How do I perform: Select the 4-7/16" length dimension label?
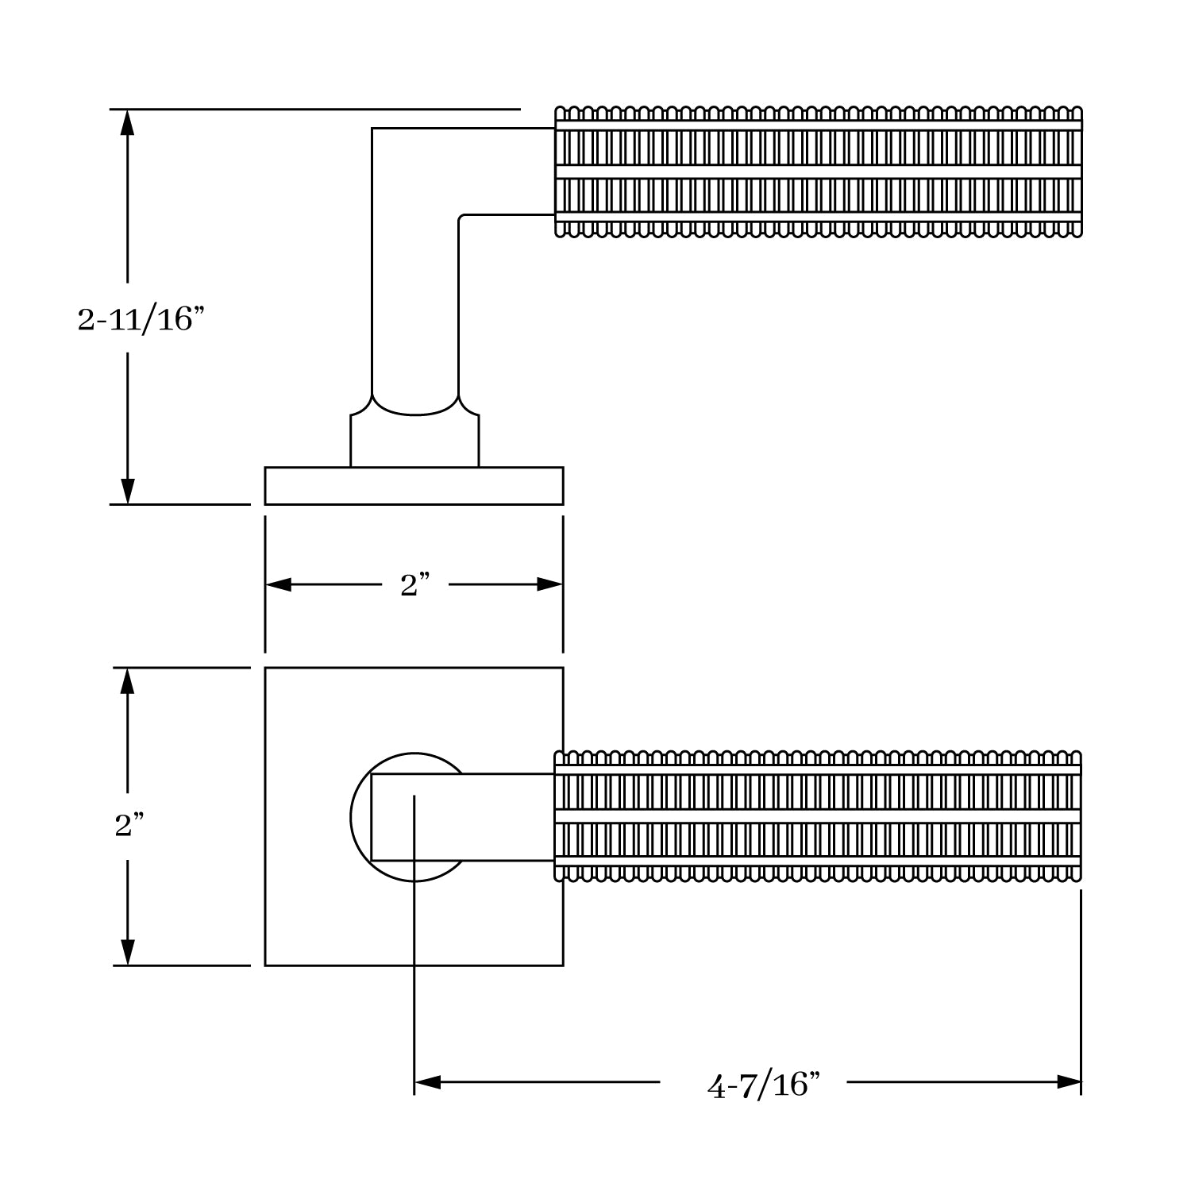[x=762, y=1085]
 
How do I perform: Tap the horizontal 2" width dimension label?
[x=414, y=585]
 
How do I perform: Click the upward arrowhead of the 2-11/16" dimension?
[x=127, y=123]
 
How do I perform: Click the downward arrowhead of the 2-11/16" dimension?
[x=127, y=491]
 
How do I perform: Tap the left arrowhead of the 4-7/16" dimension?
[x=427, y=1082]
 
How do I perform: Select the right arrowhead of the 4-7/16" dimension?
[x=1069, y=1082]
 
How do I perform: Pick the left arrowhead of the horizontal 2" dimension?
[x=278, y=585]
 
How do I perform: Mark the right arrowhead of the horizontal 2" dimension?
[x=549, y=585]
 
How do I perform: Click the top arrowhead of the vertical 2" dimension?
[x=127, y=681]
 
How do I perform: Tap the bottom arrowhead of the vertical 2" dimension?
[x=127, y=952]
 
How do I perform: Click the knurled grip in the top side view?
[x=818, y=172]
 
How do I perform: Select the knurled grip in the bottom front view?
[x=818, y=816]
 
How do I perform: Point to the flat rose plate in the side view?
[x=414, y=486]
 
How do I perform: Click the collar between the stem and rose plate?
[x=414, y=441]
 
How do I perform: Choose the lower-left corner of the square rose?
[x=265, y=966]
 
